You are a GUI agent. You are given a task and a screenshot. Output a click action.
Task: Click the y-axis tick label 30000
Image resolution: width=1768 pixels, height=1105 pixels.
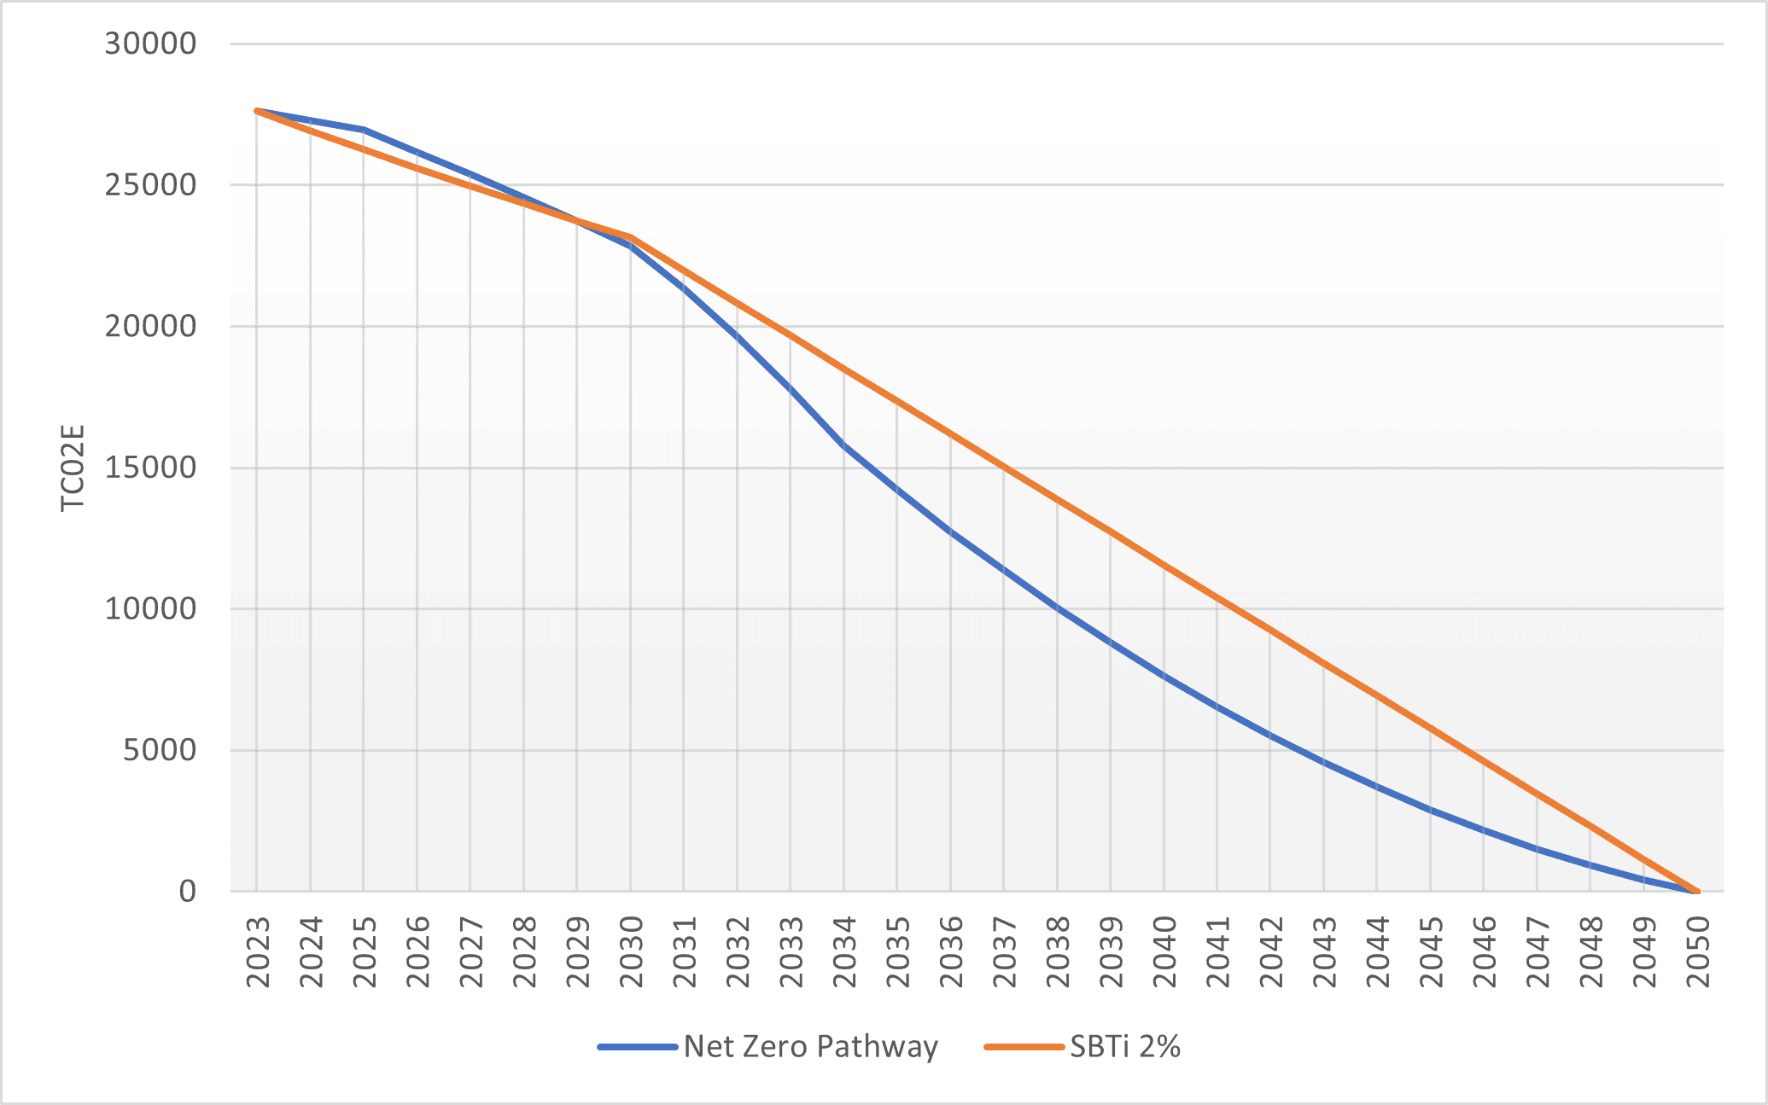click(x=150, y=44)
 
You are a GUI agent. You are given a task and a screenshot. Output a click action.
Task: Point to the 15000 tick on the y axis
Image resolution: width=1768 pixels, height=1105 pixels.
click(x=150, y=468)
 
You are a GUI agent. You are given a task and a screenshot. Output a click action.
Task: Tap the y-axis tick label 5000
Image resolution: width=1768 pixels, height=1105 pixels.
click(x=160, y=750)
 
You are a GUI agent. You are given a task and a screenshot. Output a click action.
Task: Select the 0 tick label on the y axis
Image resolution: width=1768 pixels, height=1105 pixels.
click(x=188, y=892)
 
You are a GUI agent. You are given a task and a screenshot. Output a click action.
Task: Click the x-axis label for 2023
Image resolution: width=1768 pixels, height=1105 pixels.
click(x=258, y=952)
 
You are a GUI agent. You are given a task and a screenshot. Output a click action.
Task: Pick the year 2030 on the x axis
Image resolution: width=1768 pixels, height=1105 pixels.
click(x=631, y=952)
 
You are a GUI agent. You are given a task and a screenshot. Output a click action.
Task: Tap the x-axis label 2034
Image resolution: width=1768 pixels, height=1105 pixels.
click(x=844, y=952)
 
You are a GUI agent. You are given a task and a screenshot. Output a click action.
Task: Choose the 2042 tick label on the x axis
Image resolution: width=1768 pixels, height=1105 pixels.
click(x=1271, y=952)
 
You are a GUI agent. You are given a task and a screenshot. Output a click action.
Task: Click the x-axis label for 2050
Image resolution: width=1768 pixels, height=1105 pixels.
click(x=1698, y=952)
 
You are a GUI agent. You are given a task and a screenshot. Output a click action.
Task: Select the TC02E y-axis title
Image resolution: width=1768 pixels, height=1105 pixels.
click(x=73, y=468)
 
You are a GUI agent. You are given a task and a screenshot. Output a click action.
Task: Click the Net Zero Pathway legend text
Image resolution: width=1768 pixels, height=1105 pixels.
click(x=811, y=1046)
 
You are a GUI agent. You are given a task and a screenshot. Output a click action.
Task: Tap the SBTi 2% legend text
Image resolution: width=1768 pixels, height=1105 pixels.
click(x=1125, y=1046)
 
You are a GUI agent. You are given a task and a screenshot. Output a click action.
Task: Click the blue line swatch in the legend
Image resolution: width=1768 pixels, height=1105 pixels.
click(x=638, y=1047)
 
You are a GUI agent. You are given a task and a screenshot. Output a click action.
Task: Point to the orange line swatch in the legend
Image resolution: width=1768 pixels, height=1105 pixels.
click(x=1024, y=1047)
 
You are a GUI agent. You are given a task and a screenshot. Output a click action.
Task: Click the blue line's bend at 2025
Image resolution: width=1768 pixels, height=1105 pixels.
click(x=364, y=129)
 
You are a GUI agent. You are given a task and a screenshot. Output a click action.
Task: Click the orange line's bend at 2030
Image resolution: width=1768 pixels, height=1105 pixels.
click(x=631, y=236)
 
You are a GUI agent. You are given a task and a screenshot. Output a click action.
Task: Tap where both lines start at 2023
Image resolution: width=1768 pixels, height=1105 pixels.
click(x=257, y=111)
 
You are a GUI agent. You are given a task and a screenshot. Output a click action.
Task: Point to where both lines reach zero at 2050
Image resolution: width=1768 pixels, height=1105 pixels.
click(x=1696, y=892)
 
